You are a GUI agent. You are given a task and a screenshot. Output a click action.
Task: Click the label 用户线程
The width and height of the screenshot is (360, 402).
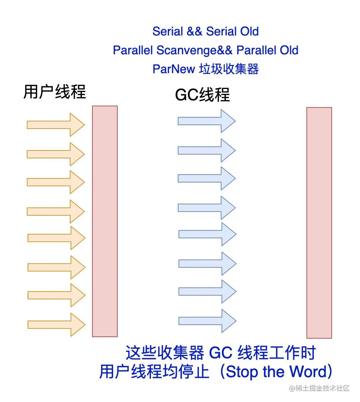point(55,92)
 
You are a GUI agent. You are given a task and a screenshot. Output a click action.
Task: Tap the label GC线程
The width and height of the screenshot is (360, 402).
point(202,95)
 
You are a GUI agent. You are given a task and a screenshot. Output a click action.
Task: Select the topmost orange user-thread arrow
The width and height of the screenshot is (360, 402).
point(55,124)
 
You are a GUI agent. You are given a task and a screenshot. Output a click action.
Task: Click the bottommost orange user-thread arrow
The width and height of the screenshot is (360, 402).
point(56,324)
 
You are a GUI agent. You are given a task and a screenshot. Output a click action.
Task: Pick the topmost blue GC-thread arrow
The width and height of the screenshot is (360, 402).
point(206,121)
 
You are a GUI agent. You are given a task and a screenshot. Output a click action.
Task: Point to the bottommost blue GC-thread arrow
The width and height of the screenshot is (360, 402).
point(207,321)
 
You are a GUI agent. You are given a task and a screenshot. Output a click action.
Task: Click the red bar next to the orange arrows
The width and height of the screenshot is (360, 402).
point(105,221)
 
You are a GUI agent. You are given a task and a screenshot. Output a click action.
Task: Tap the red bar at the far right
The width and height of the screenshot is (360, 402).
point(319,222)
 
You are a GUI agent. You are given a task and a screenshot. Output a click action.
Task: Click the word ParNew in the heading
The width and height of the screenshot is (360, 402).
point(174,69)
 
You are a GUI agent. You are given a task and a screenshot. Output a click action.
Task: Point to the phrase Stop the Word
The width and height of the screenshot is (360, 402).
point(276,372)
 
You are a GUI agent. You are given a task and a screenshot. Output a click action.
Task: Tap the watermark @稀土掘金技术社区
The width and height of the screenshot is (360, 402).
point(320,388)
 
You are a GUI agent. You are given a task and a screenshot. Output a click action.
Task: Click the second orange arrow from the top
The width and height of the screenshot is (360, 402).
point(55,154)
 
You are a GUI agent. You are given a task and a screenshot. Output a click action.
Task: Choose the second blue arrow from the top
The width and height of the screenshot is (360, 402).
point(206,150)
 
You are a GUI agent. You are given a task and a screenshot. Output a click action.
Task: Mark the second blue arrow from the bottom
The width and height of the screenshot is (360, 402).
point(207,291)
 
